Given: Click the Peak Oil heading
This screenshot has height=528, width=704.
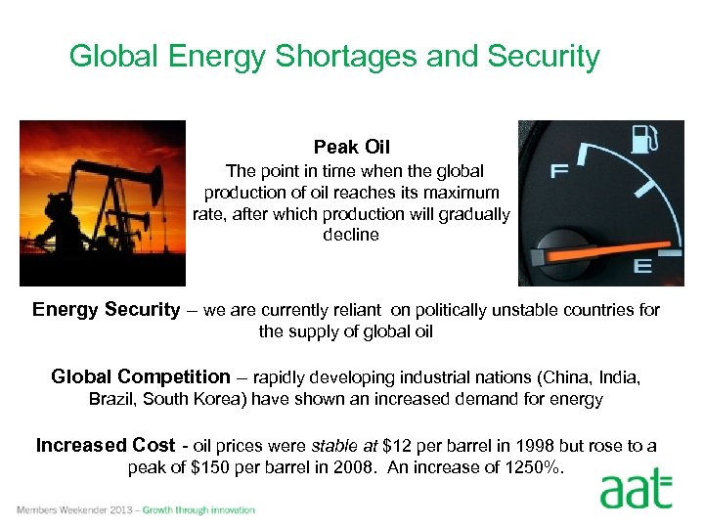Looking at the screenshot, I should click(352, 148).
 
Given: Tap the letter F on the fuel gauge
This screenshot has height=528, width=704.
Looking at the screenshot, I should click(559, 172).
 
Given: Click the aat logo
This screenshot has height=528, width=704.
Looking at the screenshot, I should click(637, 489).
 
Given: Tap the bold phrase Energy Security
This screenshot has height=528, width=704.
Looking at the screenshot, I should click(106, 310).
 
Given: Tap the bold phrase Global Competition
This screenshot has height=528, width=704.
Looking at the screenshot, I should click(140, 377).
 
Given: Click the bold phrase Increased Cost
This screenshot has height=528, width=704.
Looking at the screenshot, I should click(106, 446).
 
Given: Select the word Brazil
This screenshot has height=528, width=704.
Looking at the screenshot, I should click(112, 399).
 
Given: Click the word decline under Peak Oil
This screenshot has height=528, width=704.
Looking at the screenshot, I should click(351, 235).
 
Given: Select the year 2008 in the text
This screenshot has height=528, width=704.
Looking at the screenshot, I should click(354, 467).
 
